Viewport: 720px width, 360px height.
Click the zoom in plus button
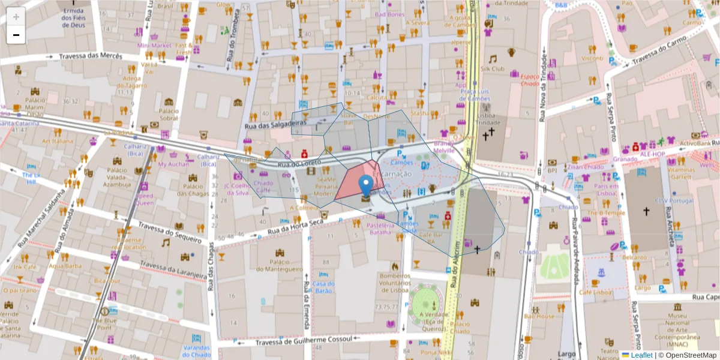click(16, 17)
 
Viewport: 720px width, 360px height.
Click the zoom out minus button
click(16, 35)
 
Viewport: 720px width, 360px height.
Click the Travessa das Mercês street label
click(90, 56)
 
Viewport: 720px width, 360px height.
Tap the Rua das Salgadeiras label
click(276, 123)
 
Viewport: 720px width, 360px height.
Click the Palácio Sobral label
click(169, 114)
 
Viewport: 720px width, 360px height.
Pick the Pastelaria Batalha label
click(380, 229)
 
